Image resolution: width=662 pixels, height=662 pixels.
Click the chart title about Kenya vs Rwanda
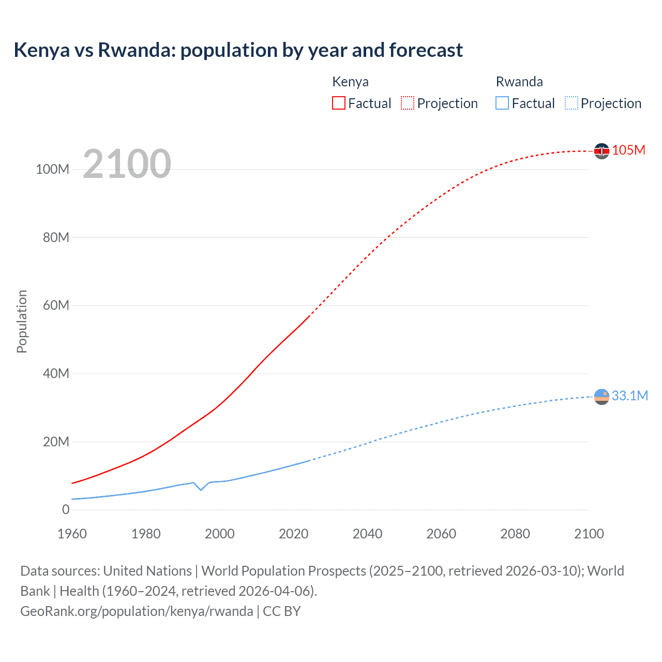click(238, 50)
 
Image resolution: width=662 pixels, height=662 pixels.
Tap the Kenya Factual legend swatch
click(338, 103)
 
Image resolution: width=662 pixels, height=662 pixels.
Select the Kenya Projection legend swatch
click(408, 103)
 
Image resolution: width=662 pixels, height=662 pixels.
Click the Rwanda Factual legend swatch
click(502, 103)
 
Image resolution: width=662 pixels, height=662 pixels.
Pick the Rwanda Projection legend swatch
click(571, 103)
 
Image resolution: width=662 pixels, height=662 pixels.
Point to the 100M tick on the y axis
click(52, 170)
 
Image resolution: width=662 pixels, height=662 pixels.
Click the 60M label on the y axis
click(56, 305)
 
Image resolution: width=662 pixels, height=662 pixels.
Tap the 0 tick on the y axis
click(66, 509)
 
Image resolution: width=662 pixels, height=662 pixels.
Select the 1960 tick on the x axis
click(72, 534)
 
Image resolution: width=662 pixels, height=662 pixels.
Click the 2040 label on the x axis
click(367, 534)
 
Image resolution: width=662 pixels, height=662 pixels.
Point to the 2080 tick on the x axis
click(515, 534)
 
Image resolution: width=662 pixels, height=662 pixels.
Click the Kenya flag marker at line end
click(601, 151)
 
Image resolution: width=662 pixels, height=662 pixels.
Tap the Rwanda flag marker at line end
click(601, 397)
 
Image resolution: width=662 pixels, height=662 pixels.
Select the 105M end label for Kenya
click(628, 151)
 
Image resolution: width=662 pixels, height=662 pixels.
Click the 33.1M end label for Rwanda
click(629, 396)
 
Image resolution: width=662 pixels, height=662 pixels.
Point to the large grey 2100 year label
click(127, 164)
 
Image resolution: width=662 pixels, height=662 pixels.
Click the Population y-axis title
click(22, 321)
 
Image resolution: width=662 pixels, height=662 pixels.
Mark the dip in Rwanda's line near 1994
click(201, 489)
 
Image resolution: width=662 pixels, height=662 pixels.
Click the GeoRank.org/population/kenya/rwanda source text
click(137, 611)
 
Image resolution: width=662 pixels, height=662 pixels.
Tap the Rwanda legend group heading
click(519, 82)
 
